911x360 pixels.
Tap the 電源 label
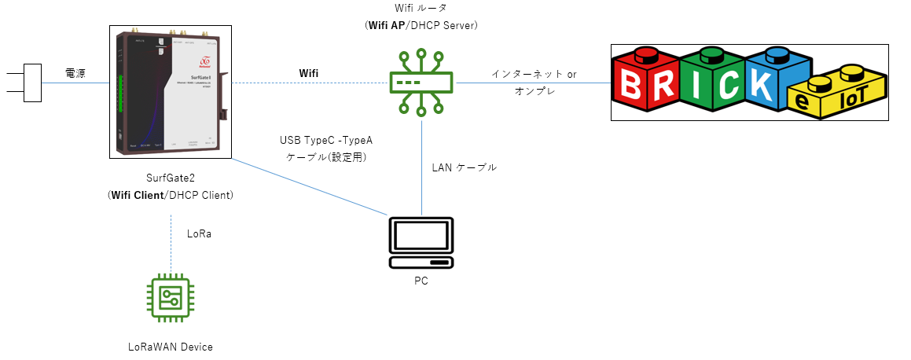click(x=75, y=73)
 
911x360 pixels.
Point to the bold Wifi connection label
click(x=309, y=73)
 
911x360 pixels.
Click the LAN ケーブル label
click(x=465, y=167)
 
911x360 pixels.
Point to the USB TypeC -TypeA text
click(x=326, y=141)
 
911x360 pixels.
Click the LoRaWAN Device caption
click(x=170, y=346)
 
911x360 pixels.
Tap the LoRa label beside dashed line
click(x=199, y=234)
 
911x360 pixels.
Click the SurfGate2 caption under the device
click(x=170, y=178)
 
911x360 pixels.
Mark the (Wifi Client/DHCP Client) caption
click(x=170, y=194)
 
